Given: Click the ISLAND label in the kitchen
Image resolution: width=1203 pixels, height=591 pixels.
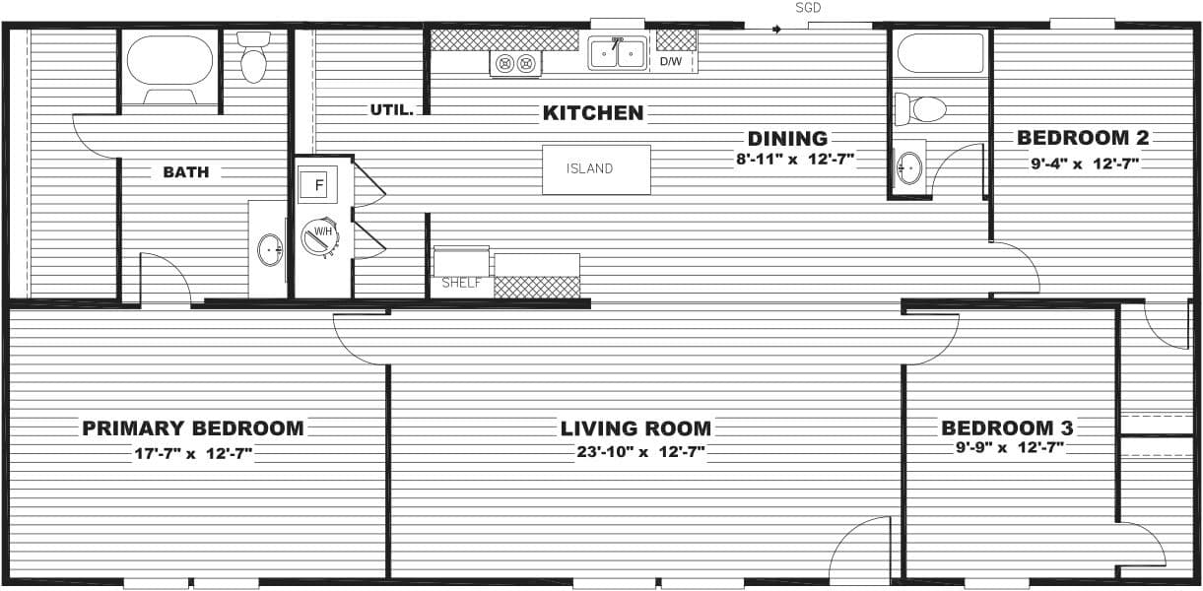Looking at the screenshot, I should [589, 168].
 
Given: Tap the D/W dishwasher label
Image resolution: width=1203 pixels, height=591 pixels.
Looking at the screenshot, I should [671, 61].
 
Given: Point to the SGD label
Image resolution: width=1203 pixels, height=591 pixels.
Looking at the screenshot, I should [808, 8].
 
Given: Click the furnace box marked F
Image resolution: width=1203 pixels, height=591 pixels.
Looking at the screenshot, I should [319, 183].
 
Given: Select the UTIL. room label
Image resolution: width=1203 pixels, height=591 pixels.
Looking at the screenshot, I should [392, 109].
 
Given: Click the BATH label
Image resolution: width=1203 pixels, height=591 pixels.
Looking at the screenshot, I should [185, 172].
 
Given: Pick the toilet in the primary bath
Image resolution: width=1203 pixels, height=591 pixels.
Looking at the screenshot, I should [254, 58].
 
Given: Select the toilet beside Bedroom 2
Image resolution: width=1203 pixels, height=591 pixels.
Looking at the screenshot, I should [921, 107].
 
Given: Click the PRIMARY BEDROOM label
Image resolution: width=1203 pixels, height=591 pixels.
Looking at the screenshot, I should [193, 428].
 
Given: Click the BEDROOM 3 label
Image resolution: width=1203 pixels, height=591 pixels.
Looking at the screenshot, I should [1007, 428].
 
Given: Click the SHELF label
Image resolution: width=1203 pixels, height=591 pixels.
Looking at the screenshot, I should [461, 283].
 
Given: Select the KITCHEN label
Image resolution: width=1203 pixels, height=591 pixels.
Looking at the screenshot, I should [593, 113].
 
